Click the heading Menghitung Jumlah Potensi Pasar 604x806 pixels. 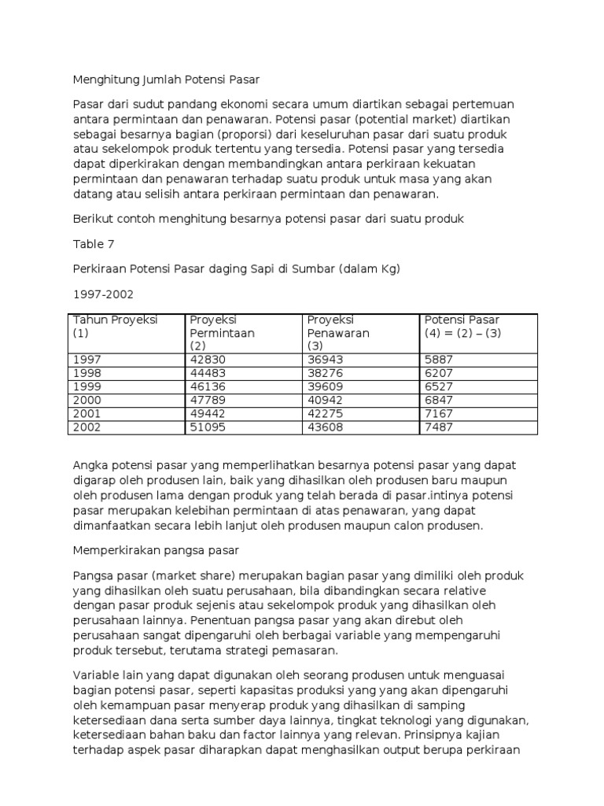[x=166, y=79]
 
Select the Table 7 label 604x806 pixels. [x=94, y=244]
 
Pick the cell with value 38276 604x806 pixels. [x=325, y=373]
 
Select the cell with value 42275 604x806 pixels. [x=325, y=413]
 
